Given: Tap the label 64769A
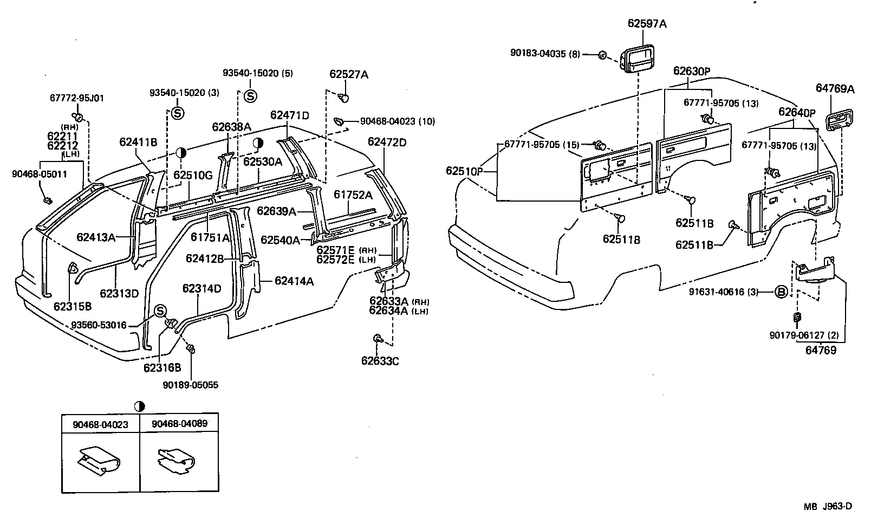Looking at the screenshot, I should pyautogui.click(x=835, y=89).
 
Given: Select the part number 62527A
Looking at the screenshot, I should pyautogui.click(x=348, y=75).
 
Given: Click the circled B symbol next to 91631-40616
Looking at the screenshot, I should pyautogui.click(x=781, y=292).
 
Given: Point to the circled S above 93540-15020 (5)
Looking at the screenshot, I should pyautogui.click(x=250, y=96).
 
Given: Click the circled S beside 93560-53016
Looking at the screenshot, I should pyautogui.click(x=160, y=311).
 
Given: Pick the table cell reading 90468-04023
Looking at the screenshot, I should pyautogui.click(x=101, y=424).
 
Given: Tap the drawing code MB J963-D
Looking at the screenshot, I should pyautogui.click(x=828, y=507).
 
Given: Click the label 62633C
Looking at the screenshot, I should pyautogui.click(x=380, y=361).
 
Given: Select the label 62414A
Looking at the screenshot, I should pyautogui.click(x=294, y=281).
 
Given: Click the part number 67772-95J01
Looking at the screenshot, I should pyautogui.click(x=76, y=98).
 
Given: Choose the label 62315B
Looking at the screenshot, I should pyautogui.click(x=72, y=306).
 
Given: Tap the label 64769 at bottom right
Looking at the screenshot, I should pyautogui.click(x=820, y=350).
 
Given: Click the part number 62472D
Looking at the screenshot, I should pyautogui.click(x=387, y=142).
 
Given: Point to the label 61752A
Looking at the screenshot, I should pyautogui.click(x=353, y=195).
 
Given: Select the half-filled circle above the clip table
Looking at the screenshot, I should pyautogui.click(x=140, y=406).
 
